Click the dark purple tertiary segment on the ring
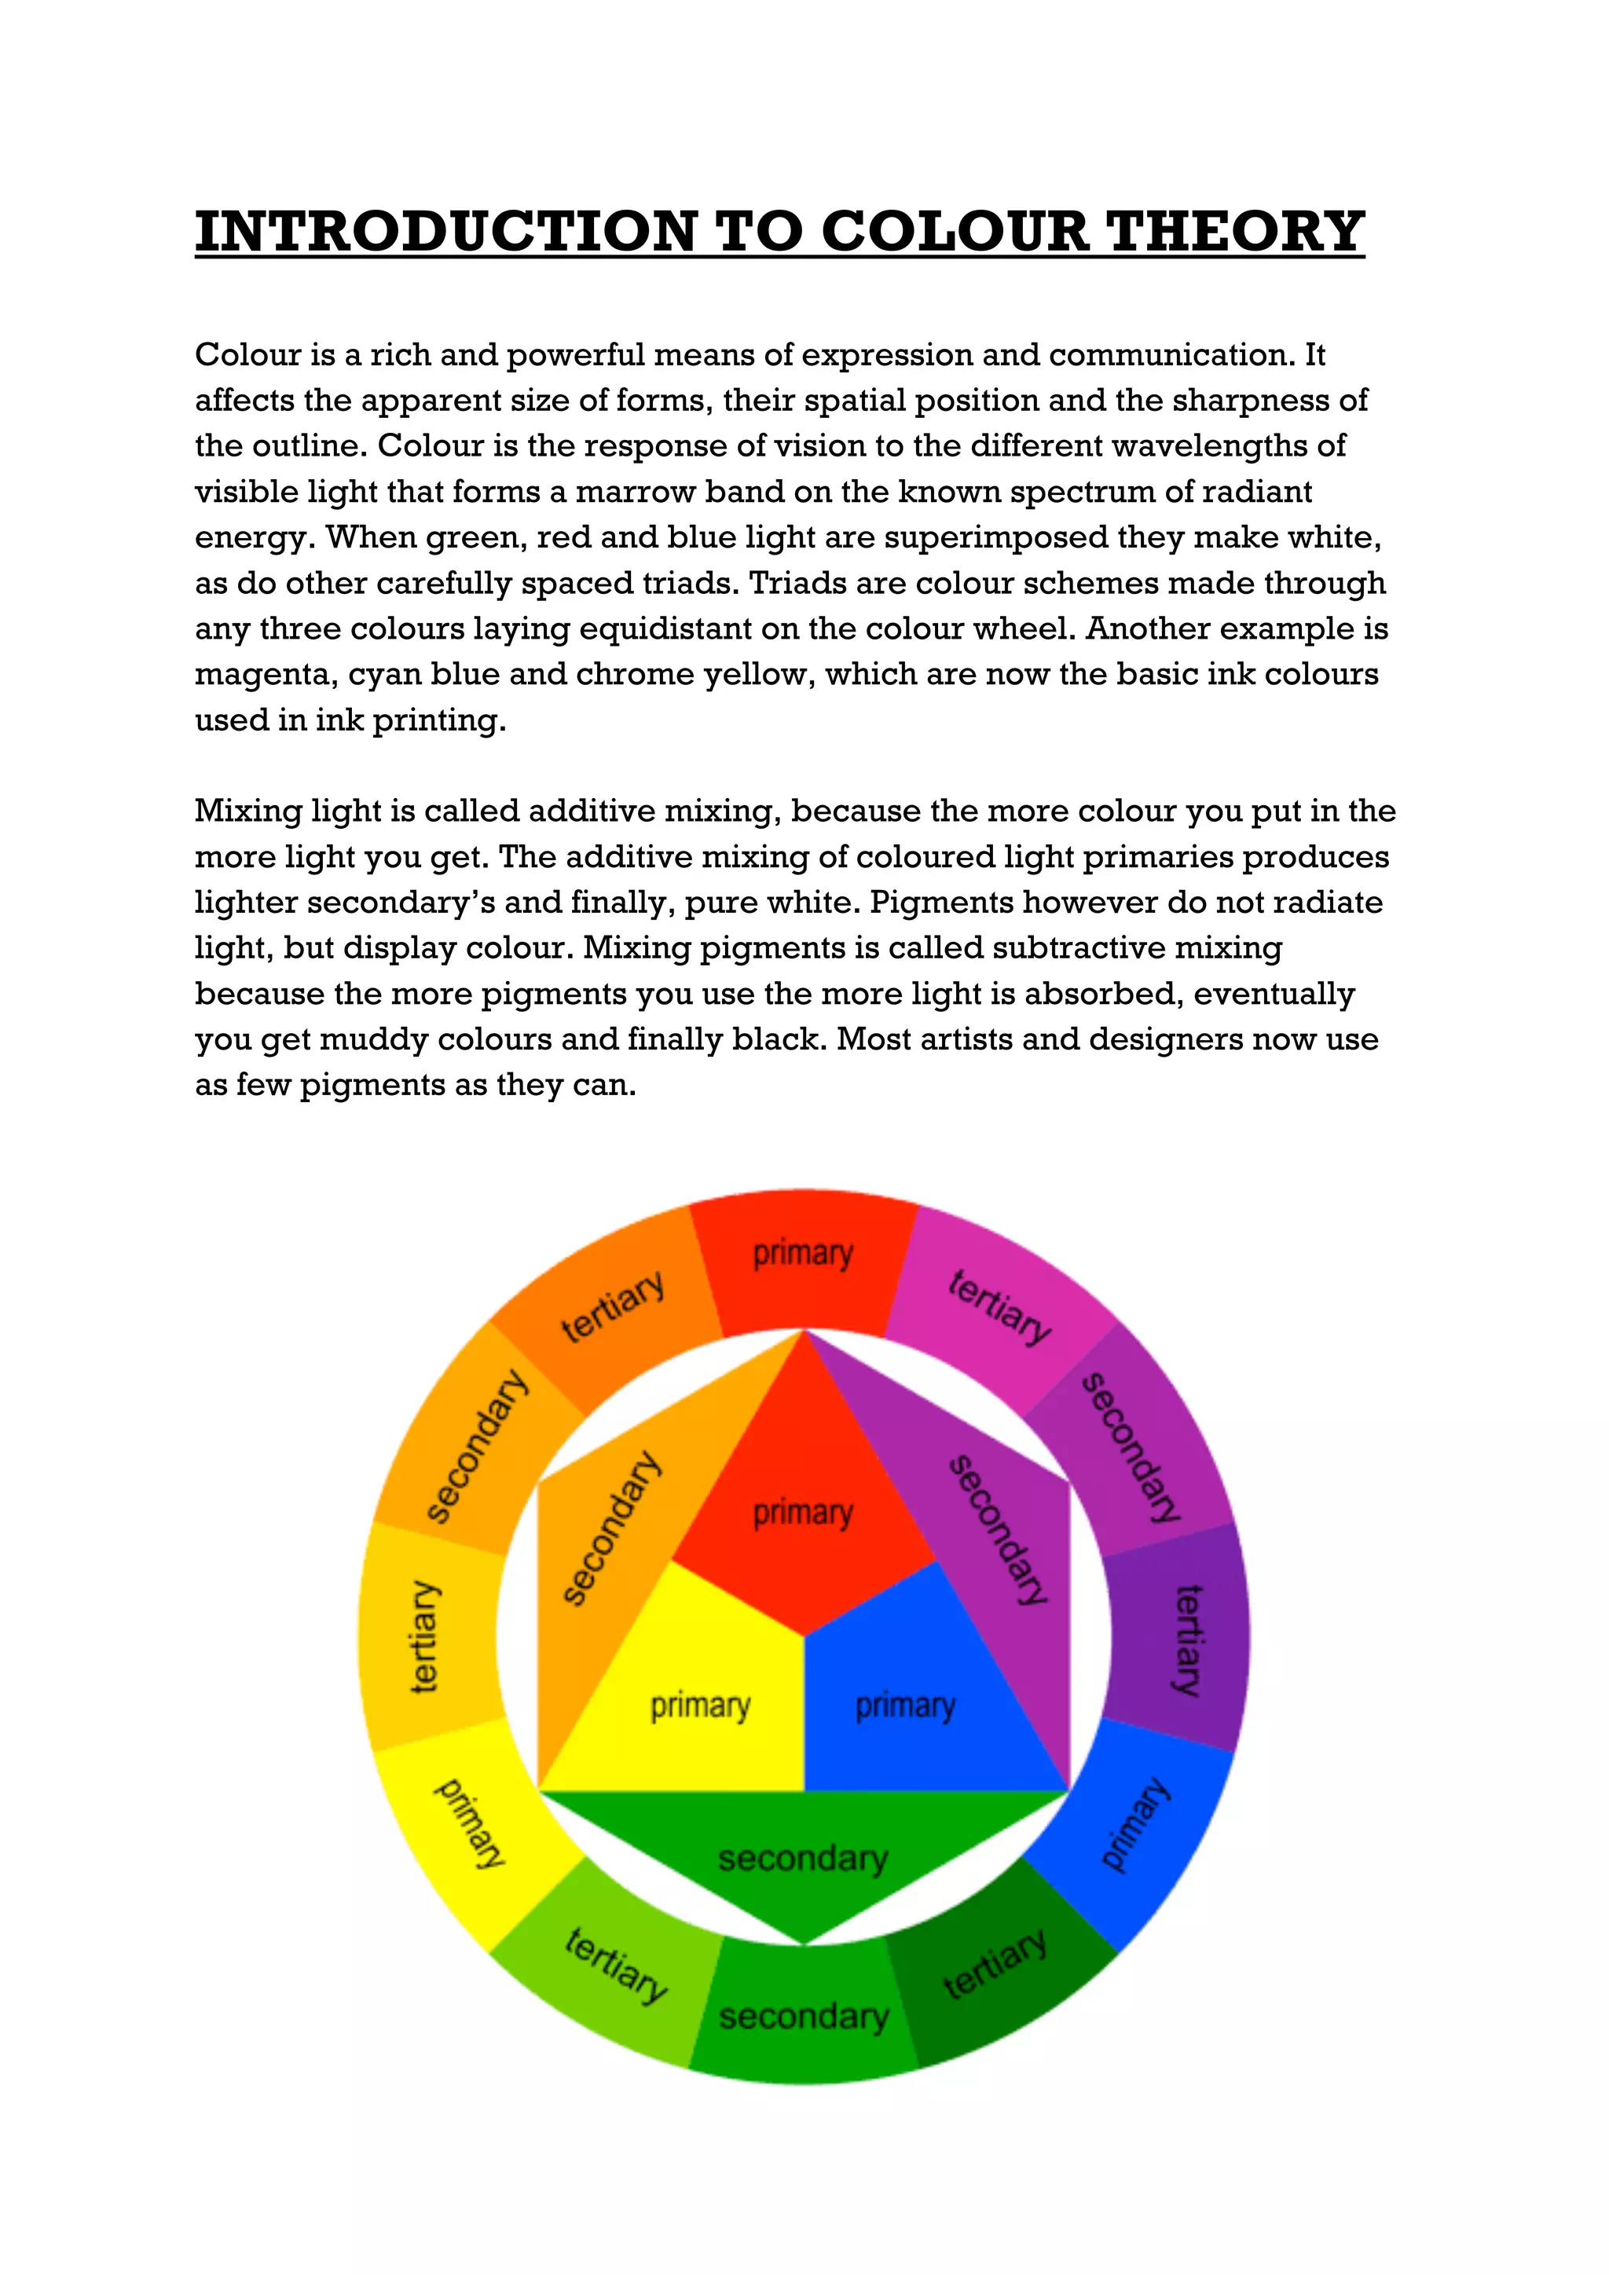(x=1179, y=1639)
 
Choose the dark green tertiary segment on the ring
(x=995, y=1967)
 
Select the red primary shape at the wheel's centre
(x=804, y=1516)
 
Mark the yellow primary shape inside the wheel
(x=699, y=1704)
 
